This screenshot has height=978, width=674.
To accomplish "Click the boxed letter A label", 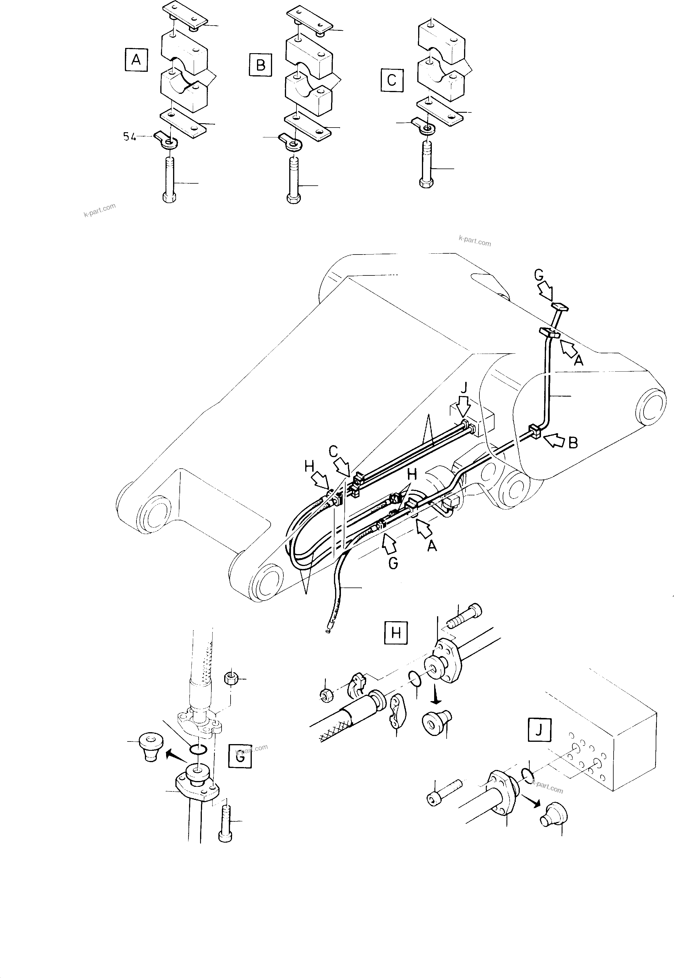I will pyautogui.click(x=136, y=60).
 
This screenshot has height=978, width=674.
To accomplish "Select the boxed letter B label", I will pyautogui.click(x=260, y=65).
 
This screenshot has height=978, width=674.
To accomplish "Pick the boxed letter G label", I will pyautogui.click(x=240, y=756).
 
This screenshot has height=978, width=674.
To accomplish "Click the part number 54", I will pyautogui.click(x=130, y=137).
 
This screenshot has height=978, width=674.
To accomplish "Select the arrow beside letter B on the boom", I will pyautogui.click(x=554, y=441).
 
